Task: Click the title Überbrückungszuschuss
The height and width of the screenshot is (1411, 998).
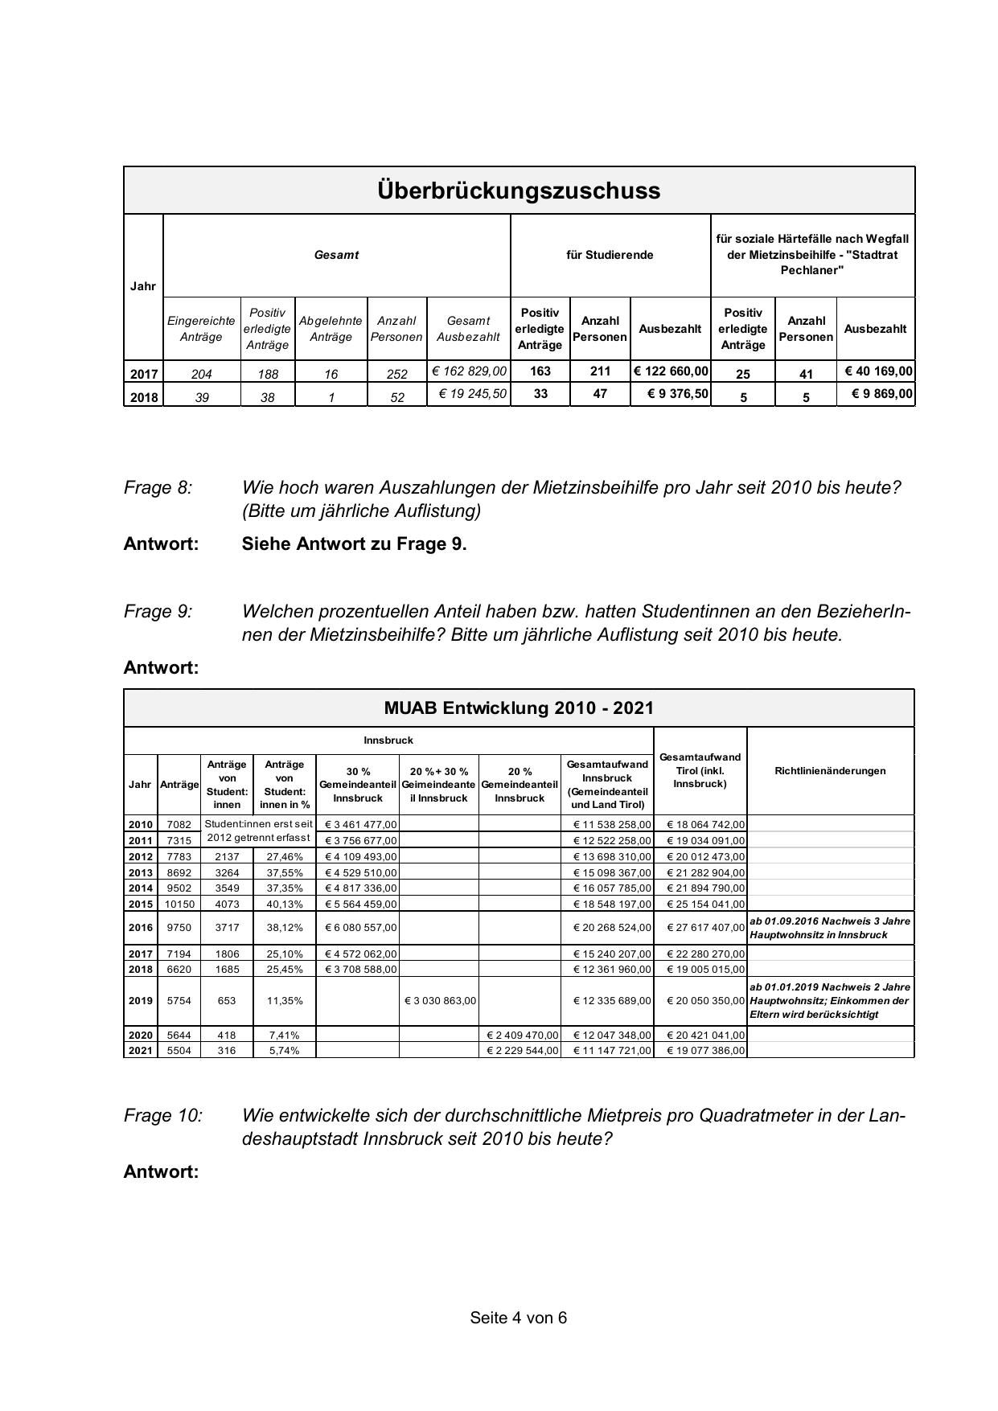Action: pyautogui.click(x=519, y=191)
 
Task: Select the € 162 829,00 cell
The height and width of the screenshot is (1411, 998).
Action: pyautogui.click(x=469, y=371)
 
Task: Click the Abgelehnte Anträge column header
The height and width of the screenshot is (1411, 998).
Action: pyautogui.click(x=331, y=329)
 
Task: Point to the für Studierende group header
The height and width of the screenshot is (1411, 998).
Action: pyautogui.click(x=610, y=255)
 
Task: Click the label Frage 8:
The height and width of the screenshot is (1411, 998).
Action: pyautogui.click(x=158, y=488)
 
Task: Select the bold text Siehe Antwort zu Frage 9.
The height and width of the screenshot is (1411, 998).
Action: pyautogui.click(x=354, y=543)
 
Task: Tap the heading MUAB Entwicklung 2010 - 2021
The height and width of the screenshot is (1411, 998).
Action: pyautogui.click(x=519, y=708)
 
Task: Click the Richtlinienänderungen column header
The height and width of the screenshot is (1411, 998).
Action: pyautogui.click(x=830, y=771)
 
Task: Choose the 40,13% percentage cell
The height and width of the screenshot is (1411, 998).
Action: pyautogui.click(x=285, y=904)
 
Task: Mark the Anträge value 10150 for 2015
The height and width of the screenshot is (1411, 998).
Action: pyautogui.click(x=179, y=904)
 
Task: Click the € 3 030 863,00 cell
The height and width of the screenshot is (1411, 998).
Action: pyautogui.click(x=439, y=1001)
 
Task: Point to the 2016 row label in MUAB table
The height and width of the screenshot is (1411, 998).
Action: pyautogui.click(x=141, y=928)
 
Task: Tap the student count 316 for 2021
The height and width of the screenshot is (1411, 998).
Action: pyautogui.click(x=227, y=1051)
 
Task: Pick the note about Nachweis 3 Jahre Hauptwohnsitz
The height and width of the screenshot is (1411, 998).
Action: pyautogui.click(x=829, y=928)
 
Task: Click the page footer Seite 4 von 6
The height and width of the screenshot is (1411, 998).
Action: pyautogui.click(x=519, y=1318)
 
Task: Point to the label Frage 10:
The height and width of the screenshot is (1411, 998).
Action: pyautogui.click(x=163, y=1116)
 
